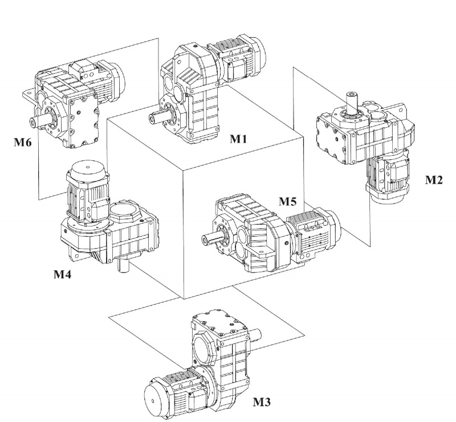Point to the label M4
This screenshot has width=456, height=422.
(63, 274)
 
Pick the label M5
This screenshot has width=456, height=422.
(288, 201)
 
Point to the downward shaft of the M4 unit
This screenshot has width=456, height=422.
(124, 266)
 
